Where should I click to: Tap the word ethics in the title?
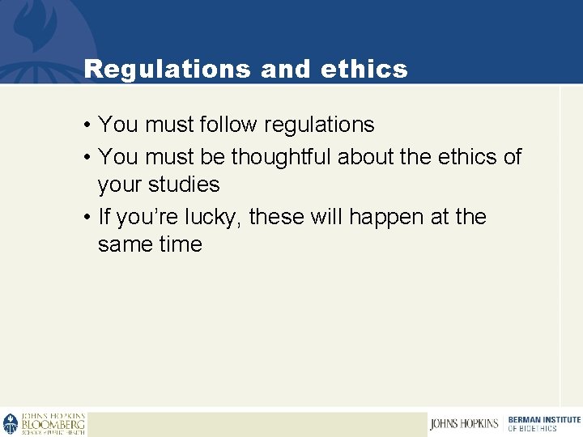point(364,70)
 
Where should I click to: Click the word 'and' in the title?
point(287,70)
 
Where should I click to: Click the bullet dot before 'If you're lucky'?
point(85,218)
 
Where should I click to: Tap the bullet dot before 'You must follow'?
point(85,125)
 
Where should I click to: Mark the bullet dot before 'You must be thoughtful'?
point(85,157)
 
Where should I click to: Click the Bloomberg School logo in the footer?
point(53,424)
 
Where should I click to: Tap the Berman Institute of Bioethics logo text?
point(544,423)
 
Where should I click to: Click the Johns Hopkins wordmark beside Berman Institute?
point(465,424)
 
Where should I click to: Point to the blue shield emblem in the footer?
point(11,424)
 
